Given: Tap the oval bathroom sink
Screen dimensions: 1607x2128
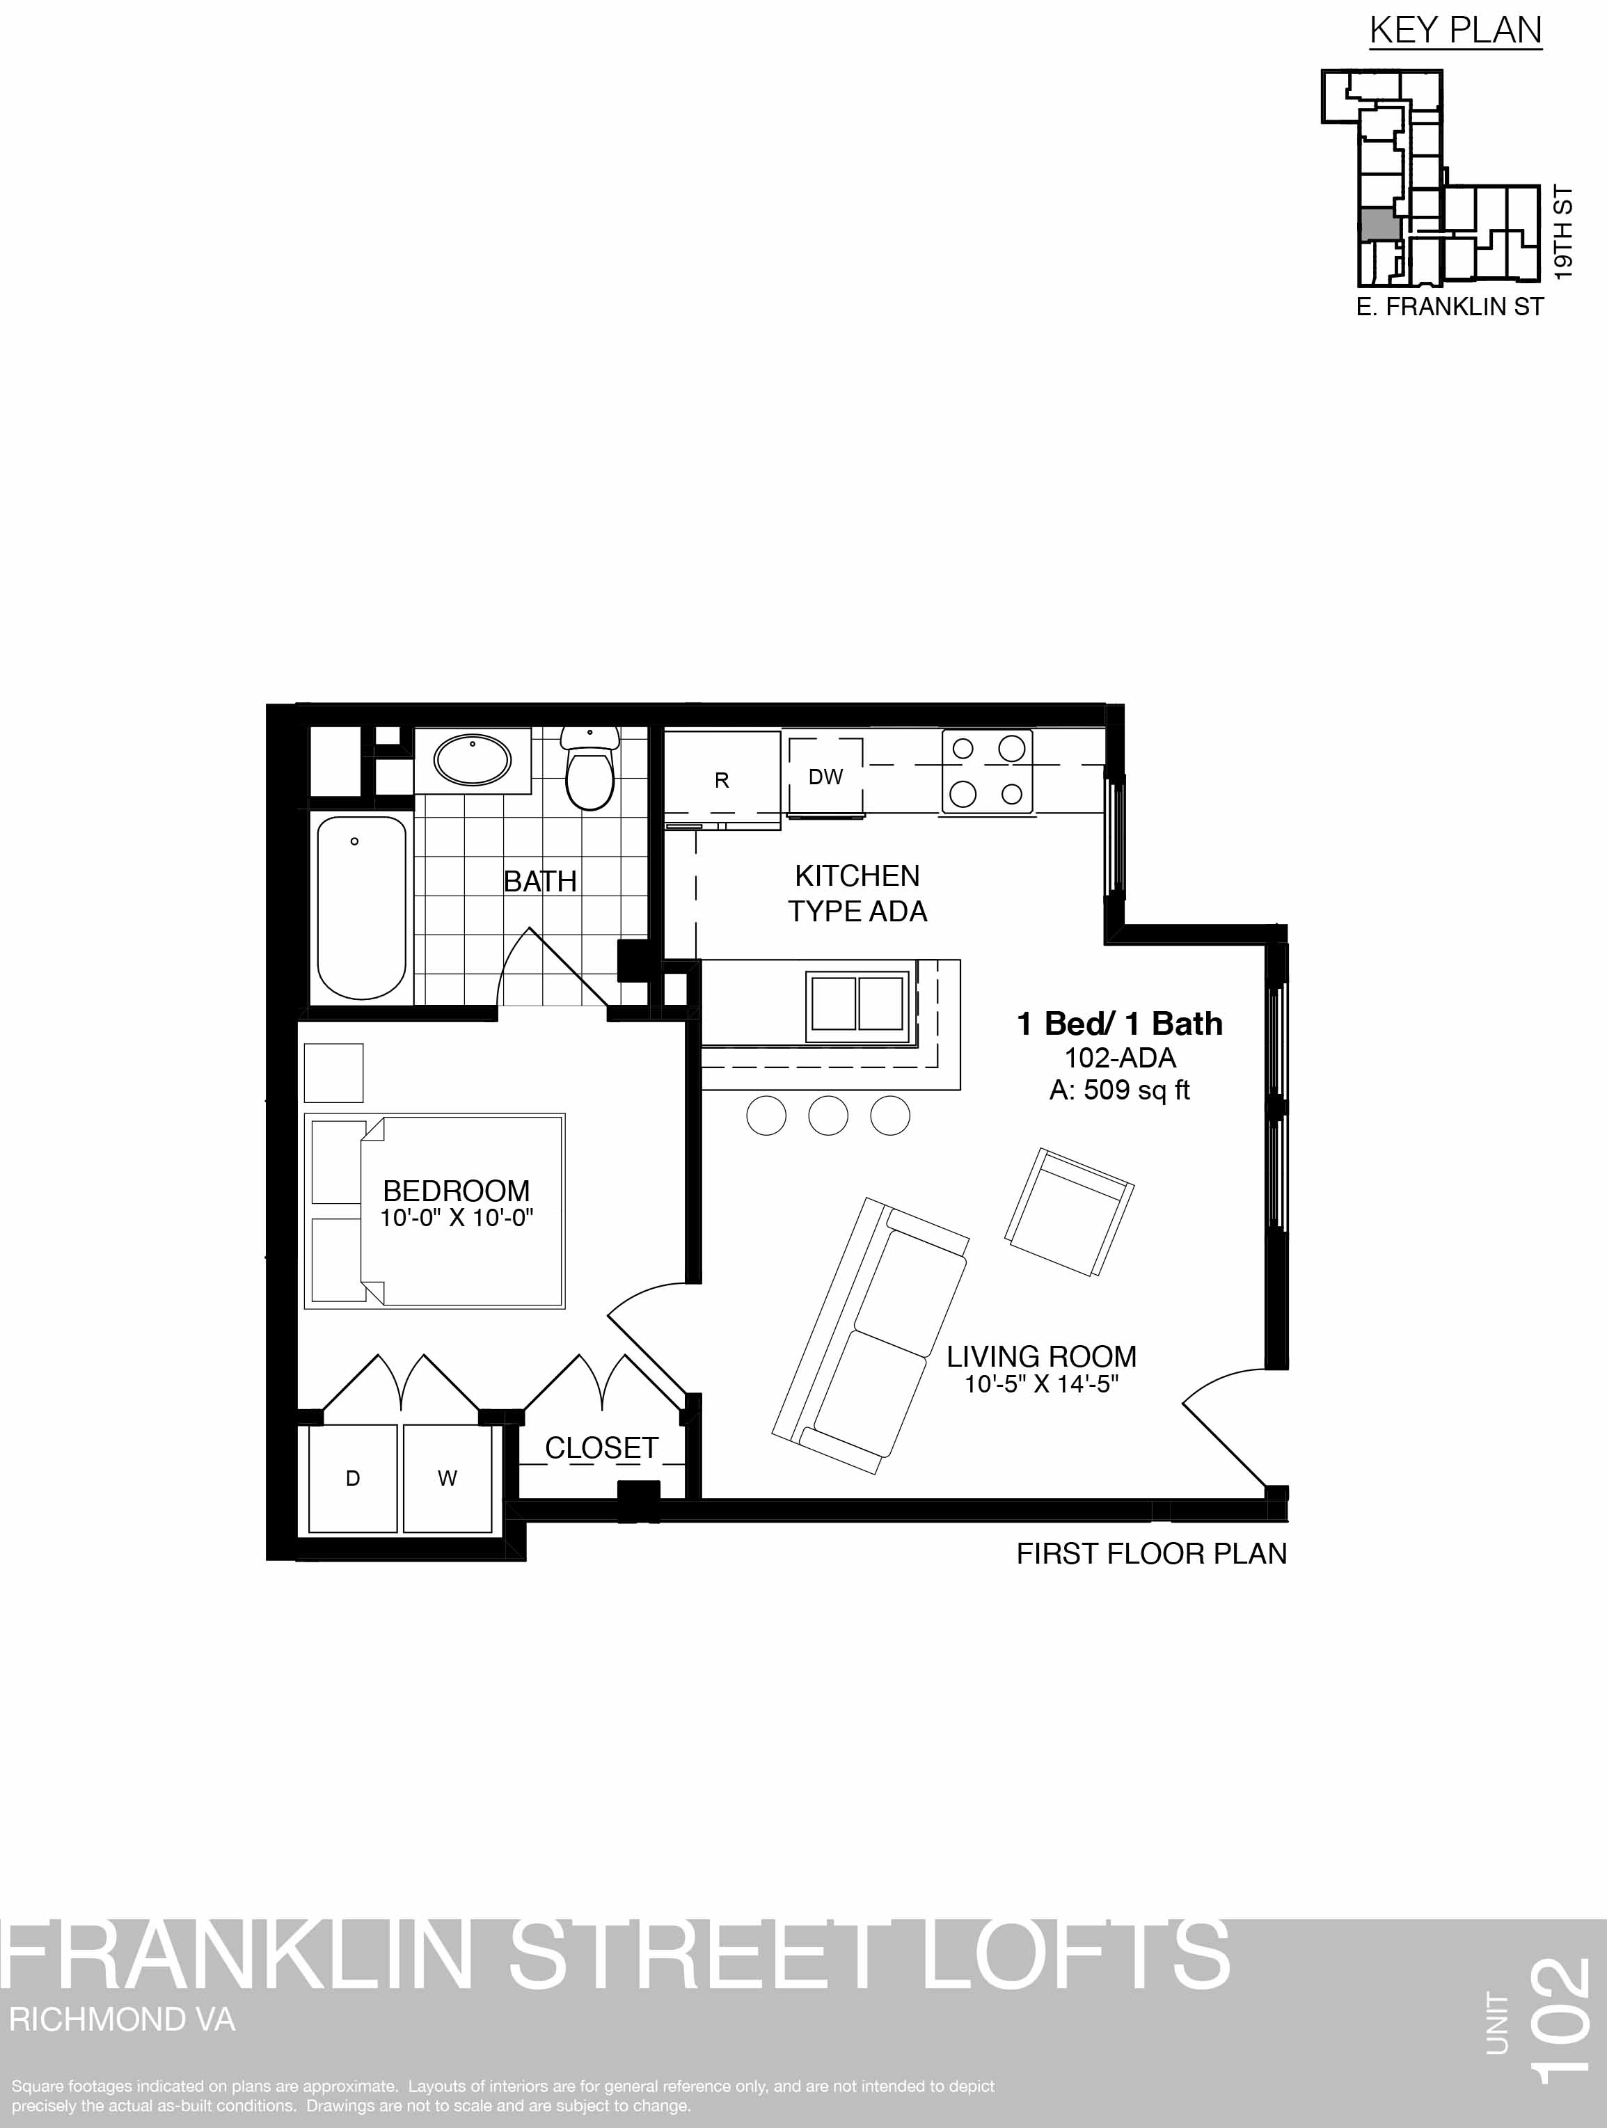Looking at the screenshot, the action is coord(473,760).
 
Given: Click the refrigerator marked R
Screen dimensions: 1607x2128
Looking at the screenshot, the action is coord(722,779).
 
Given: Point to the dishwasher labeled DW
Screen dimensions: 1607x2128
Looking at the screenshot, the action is coord(825,777).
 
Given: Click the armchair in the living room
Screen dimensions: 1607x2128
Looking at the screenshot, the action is coord(1069,1213).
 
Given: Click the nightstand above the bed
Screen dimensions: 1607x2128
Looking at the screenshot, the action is coord(334,1072).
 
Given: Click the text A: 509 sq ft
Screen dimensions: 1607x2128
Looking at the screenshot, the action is coord(1120,1090).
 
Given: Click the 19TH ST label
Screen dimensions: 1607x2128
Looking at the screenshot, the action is coord(1564,233).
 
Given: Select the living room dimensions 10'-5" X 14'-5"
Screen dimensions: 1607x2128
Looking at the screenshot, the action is coord(1042,1384).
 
